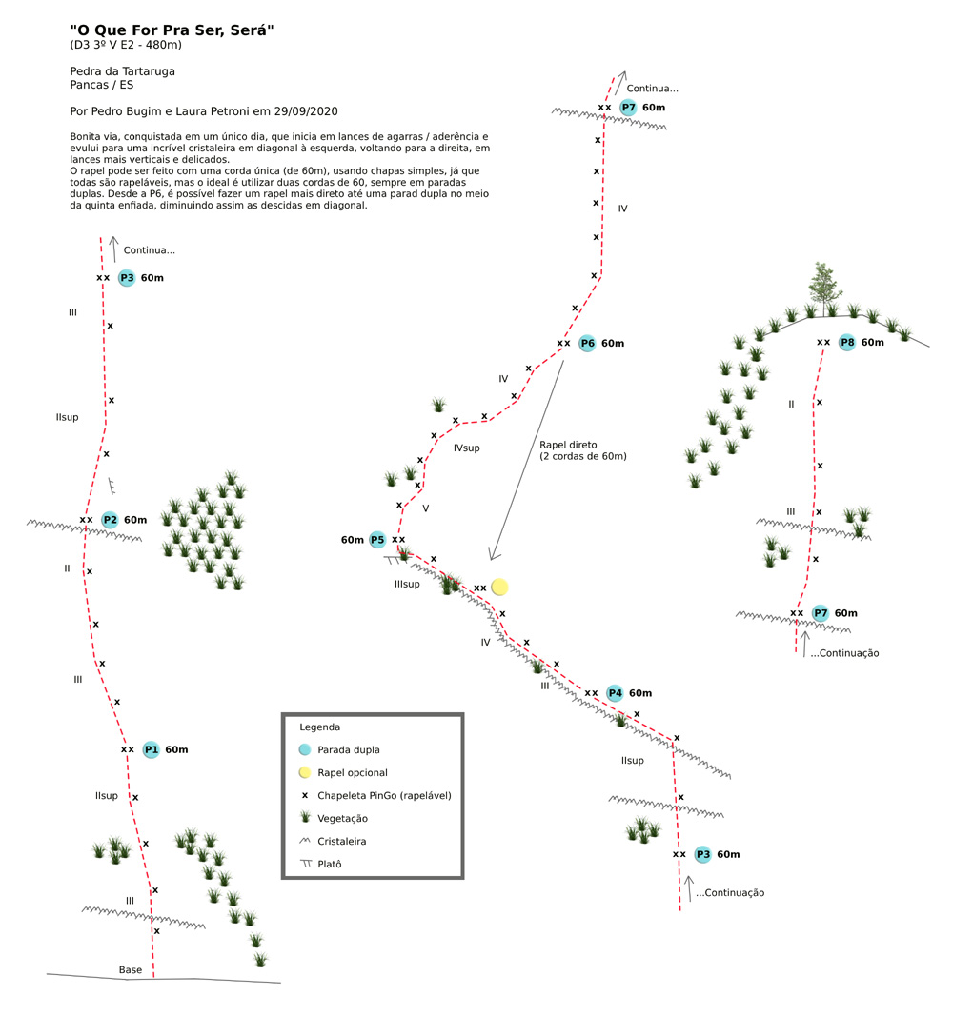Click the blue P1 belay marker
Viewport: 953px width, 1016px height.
pos(152,749)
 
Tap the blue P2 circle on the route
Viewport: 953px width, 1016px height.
pos(111,520)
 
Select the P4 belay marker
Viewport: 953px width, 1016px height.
pos(615,693)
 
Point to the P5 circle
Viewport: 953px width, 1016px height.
pos(377,540)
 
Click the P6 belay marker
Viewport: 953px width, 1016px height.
pos(587,344)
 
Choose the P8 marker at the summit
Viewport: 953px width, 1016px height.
pos(847,343)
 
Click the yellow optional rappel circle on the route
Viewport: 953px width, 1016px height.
pos(499,588)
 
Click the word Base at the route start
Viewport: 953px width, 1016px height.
pos(131,970)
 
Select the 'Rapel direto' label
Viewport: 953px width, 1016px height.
pos(568,445)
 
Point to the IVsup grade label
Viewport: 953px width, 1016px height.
pos(467,448)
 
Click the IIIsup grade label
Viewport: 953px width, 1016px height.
pos(407,584)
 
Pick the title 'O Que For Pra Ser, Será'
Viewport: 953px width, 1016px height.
pos(172,30)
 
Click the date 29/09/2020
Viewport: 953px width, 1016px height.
pos(306,111)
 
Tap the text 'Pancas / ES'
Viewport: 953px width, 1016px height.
pos(102,85)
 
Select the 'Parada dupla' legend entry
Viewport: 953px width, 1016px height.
pos(349,749)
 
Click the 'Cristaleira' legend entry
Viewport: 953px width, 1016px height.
pos(342,841)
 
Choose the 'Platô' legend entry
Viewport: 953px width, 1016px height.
pos(330,864)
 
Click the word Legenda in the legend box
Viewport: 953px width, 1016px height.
pos(319,727)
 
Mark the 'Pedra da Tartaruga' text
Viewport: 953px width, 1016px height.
pos(123,71)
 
